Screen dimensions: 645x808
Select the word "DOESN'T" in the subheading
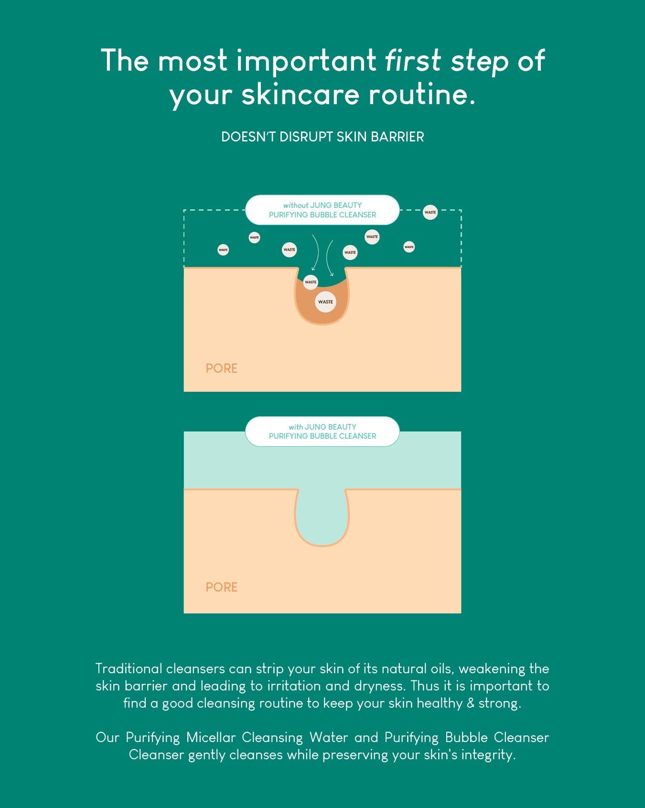click(x=248, y=137)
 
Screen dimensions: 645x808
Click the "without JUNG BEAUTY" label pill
click(x=322, y=210)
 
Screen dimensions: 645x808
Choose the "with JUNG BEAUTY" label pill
click(x=322, y=431)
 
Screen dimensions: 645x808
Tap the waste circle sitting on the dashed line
click(x=430, y=212)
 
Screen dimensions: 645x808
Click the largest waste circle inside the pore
click(x=325, y=302)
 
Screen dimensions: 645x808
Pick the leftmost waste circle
click(x=223, y=250)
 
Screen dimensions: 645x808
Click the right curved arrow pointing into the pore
click(x=328, y=258)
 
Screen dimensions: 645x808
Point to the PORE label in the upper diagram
click(x=221, y=368)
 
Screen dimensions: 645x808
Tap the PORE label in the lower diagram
click(x=221, y=587)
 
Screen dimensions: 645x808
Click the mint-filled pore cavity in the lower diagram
click(x=322, y=518)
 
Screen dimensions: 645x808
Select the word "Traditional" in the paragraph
click(x=129, y=668)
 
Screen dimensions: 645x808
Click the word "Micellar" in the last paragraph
click(x=211, y=737)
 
